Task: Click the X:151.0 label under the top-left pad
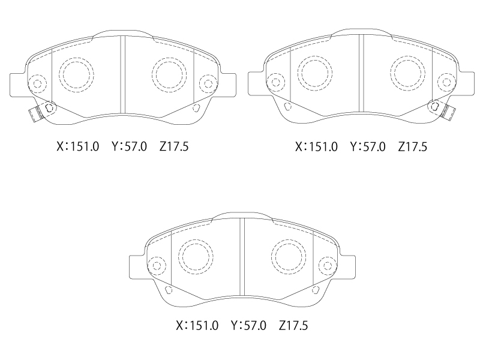pos(78,146)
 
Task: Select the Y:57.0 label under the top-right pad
pos(368,147)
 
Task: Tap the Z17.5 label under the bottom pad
pos(293,325)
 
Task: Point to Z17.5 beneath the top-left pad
pos(174,146)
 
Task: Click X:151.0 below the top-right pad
pos(316,147)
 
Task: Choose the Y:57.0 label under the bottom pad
pos(248,325)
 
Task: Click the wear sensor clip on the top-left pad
pos(35,113)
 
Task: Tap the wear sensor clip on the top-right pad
pos(448,112)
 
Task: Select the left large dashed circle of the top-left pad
pos(76,74)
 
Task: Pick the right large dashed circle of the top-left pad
pos(169,74)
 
